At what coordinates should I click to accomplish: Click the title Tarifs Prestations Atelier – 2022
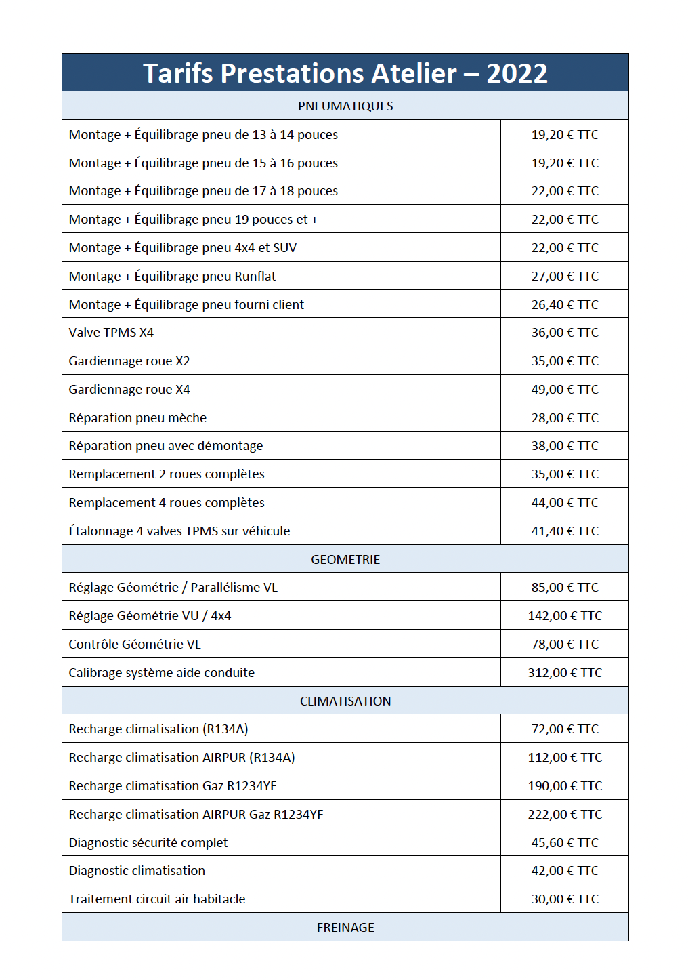coord(345,73)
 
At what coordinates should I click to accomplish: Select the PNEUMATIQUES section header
coord(345,106)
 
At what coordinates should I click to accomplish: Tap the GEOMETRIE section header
coord(345,560)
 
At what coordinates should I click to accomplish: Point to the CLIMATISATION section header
coord(345,701)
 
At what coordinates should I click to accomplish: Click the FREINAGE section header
coord(345,928)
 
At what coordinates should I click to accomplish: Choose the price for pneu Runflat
coord(565,277)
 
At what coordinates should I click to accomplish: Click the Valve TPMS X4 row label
coord(111,333)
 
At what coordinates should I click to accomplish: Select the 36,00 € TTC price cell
coord(565,333)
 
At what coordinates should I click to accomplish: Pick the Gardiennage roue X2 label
coord(129,361)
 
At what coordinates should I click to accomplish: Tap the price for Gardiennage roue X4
coord(565,390)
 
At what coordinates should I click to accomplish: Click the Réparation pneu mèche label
coord(137,418)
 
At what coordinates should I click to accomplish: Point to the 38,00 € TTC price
coord(565,446)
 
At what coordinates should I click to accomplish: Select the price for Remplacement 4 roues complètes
coord(565,503)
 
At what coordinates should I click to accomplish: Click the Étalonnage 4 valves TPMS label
coord(179,531)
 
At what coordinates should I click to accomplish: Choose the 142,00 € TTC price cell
coord(565,616)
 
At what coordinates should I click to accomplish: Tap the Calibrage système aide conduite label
coord(162,673)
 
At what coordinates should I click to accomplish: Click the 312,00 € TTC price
coord(565,673)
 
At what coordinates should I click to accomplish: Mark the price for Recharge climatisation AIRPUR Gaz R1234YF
coord(565,815)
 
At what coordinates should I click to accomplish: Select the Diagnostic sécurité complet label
coord(148,843)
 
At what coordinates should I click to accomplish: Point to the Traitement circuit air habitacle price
coord(565,899)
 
